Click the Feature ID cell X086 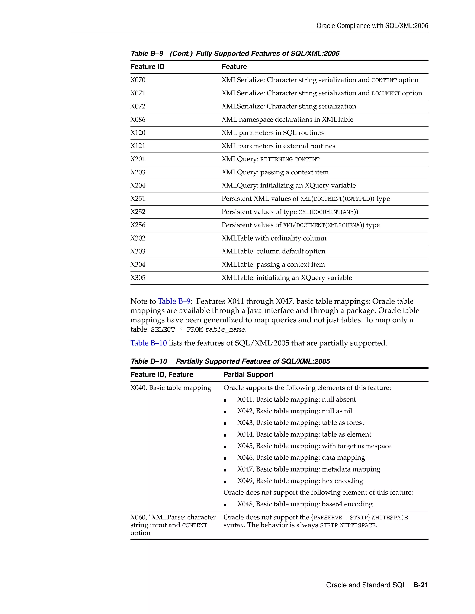[x=138, y=120]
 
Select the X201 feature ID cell [x=138, y=159]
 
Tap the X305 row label [x=138, y=278]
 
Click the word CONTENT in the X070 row [x=384, y=80]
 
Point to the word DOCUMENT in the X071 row [x=386, y=94]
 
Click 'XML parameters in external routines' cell [x=278, y=146]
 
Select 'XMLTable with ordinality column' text [x=274, y=238]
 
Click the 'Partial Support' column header [x=248, y=374]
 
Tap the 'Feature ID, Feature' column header [x=162, y=374]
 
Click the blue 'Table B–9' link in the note [x=174, y=301]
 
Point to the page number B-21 [x=420, y=585]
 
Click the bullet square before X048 [x=225, y=505]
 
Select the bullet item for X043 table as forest [x=300, y=423]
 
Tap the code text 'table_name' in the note [x=225, y=329]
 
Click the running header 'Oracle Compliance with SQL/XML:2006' [x=372, y=26]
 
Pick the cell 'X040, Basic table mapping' [x=170, y=388]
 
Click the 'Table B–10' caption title [x=230, y=361]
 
